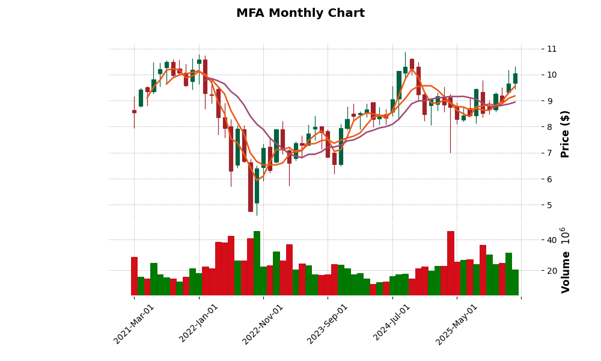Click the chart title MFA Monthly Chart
pyautogui.click(x=300, y=13)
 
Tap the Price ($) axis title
pyautogui.click(x=565, y=134)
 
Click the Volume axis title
pyautogui.click(x=565, y=260)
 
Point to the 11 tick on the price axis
pyautogui.click(x=551, y=49)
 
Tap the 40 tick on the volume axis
pyautogui.click(x=551, y=240)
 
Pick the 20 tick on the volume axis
pyautogui.click(x=551, y=271)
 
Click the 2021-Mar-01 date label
pyautogui.click(x=134, y=324)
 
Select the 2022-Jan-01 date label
pyautogui.click(x=199, y=324)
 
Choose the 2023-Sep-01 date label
pyautogui.click(x=328, y=324)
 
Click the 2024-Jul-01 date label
pyautogui.click(x=392, y=324)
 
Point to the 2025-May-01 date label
pyautogui.click(x=457, y=324)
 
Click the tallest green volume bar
pyautogui.click(x=257, y=264)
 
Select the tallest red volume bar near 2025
pyautogui.click(x=451, y=264)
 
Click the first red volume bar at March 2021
pyautogui.click(x=134, y=276)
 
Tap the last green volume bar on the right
pyautogui.click(x=515, y=282)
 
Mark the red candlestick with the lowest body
pyautogui.click(x=250, y=187)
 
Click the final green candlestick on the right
pyautogui.click(x=515, y=78)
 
